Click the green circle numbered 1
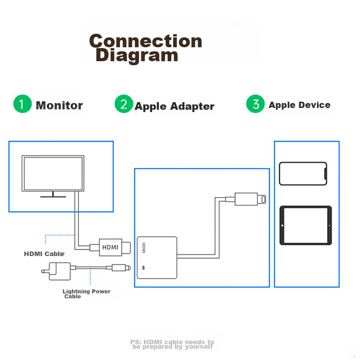(22, 104)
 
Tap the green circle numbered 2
(124, 104)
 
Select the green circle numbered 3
(255, 104)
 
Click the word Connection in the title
(145, 41)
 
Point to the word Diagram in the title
(137, 56)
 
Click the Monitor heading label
(59, 105)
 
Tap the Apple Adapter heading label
(175, 106)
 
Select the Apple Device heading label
(299, 105)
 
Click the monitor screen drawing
(53, 173)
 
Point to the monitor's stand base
(53, 197)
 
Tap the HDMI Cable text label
(44, 254)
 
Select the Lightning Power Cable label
(86, 294)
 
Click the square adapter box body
(157, 257)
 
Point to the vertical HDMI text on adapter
(144, 247)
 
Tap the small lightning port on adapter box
(143, 268)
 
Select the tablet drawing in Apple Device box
(306, 225)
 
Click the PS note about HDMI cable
(172, 344)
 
